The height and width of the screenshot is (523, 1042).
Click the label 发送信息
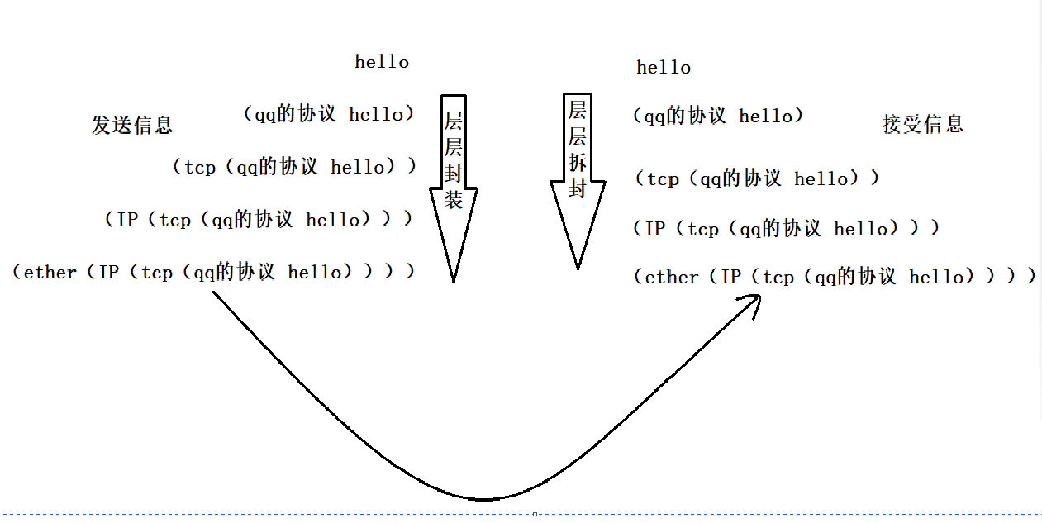132,125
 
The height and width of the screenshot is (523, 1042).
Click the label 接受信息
923,124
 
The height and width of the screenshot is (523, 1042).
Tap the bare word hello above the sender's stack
382,62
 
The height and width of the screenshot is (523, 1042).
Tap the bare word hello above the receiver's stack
664,68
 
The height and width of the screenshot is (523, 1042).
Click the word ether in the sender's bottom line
50,273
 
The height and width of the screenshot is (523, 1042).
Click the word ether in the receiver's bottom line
672,278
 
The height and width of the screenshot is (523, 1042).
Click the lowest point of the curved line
484,499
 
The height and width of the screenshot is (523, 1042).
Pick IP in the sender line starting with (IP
127,220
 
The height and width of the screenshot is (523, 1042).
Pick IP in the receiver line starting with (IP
655,229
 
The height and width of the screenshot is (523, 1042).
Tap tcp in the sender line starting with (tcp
200,168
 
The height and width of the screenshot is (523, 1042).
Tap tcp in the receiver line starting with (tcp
663,179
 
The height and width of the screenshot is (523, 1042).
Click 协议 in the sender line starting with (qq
316,114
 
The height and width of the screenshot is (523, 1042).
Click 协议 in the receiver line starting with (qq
706,116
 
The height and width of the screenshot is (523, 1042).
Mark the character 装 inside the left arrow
454,198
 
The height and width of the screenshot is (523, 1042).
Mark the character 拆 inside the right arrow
578,162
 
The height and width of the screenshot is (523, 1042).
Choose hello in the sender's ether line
315,273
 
